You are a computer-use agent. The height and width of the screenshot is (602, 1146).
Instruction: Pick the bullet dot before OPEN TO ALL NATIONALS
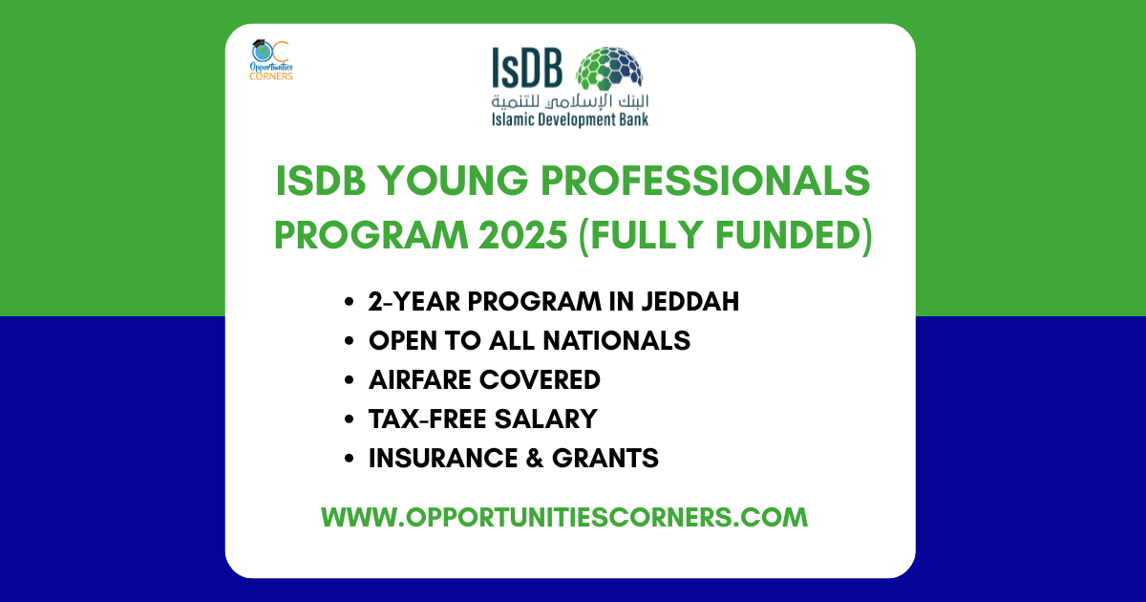point(349,341)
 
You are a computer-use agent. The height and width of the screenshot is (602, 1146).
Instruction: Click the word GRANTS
point(605,459)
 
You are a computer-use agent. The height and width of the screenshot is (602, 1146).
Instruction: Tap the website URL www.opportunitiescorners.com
point(564,517)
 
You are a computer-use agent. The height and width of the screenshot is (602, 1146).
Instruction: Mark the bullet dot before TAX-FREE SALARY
point(349,419)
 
